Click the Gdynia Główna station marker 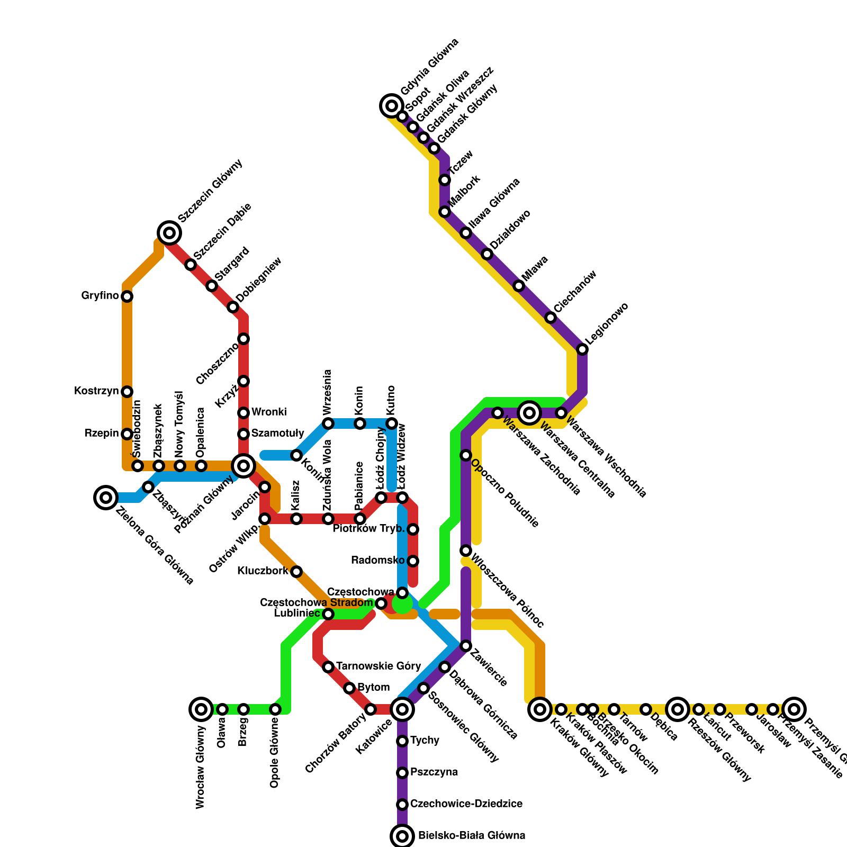click(x=392, y=106)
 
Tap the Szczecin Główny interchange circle click(x=169, y=232)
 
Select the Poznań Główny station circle click(x=244, y=466)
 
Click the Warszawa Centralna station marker click(x=529, y=413)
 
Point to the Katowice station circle click(x=402, y=709)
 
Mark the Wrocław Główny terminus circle click(x=201, y=709)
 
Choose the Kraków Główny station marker click(x=540, y=709)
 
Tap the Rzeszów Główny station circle click(x=678, y=709)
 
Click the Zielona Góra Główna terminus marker click(x=106, y=498)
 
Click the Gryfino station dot click(x=127, y=296)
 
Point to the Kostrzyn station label click(x=96, y=391)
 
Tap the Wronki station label click(x=269, y=412)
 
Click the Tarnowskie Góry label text click(x=379, y=666)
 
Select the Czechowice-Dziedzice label click(x=466, y=804)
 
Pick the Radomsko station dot click(x=413, y=561)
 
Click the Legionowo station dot click(x=582, y=349)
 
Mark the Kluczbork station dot click(x=296, y=572)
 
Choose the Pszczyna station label click(x=434, y=772)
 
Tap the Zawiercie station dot click(x=466, y=646)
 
